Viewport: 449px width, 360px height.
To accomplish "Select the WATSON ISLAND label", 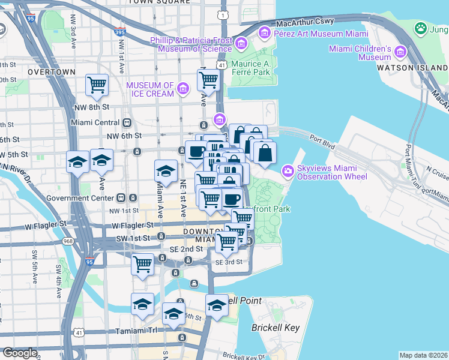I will (412, 68).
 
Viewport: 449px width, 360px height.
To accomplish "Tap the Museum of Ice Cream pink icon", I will (183, 89).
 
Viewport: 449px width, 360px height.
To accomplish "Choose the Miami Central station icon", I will (127, 122).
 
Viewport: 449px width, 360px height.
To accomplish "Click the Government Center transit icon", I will (121, 197).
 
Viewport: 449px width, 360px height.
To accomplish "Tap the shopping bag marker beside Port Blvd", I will (264, 153).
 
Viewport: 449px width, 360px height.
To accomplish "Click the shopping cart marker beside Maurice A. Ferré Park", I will (208, 79).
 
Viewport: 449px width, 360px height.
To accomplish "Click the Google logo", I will (19, 353).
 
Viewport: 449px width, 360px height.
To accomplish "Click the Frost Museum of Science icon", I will (241, 43).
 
